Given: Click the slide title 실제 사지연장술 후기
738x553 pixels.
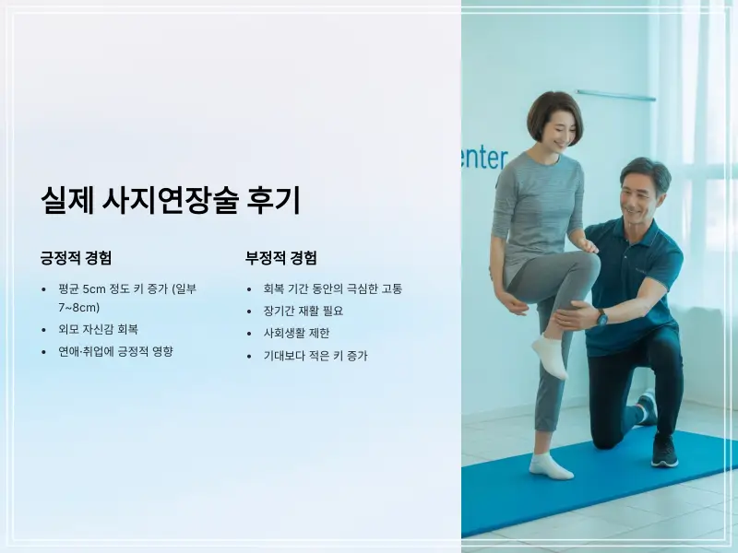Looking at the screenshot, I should [x=171, y=200].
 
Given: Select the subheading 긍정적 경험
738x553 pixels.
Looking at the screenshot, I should [x=77, y=258].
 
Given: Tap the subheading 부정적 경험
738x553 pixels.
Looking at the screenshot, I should [x=280, y=258].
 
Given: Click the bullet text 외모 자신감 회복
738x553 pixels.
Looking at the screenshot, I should [x=98, y=329].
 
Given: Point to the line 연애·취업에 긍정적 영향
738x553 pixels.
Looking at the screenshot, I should [x=115, y=351].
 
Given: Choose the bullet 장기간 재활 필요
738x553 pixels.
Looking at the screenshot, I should [x=304, y=311].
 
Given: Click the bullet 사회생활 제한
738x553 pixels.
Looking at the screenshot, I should [x=296, y=333].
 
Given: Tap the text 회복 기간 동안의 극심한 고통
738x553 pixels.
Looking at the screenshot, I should [x=333, y=288].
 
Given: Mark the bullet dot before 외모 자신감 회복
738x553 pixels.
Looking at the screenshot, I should [x=43, y=329].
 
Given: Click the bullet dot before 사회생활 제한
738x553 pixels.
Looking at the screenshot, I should [x=249, y=333].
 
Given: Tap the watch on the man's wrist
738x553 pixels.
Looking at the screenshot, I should [x=602, y=317].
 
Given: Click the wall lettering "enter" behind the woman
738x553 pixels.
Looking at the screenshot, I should [x=484, y=158].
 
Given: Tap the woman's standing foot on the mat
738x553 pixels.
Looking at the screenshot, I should [x=550, y=465].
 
